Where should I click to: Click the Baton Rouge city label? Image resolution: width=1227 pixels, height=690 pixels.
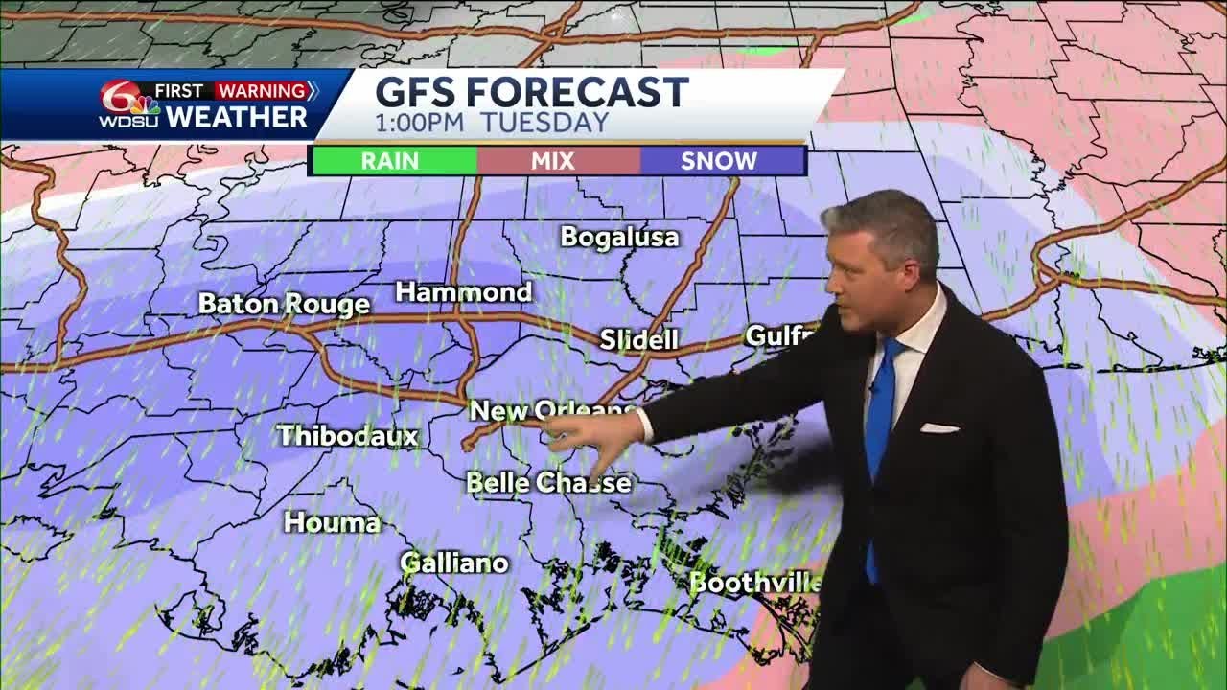(284, 305)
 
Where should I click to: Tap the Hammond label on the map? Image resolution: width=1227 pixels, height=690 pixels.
(464, 292)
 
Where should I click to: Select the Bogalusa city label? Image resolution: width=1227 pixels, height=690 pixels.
(619, 237)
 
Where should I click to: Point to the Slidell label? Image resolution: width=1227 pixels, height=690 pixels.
(638, 339)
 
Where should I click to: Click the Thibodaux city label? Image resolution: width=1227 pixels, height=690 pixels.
(348, 436)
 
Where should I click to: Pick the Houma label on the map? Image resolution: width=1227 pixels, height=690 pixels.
(332, 522)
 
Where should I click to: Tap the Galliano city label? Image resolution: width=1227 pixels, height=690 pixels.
(454, 563)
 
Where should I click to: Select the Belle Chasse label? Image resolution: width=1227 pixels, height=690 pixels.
(548, 482)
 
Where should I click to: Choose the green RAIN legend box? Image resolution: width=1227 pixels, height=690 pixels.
(391, 161)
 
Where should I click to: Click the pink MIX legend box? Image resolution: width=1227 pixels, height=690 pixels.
(554, 161)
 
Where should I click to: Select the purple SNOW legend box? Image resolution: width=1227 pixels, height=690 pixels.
(719, 161)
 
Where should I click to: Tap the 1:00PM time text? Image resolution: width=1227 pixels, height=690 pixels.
(420, 123)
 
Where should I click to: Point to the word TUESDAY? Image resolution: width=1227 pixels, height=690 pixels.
(544, 123)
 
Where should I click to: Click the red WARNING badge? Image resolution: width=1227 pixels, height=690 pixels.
(264, 91)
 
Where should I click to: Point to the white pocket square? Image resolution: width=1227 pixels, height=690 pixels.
(939, 427)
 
